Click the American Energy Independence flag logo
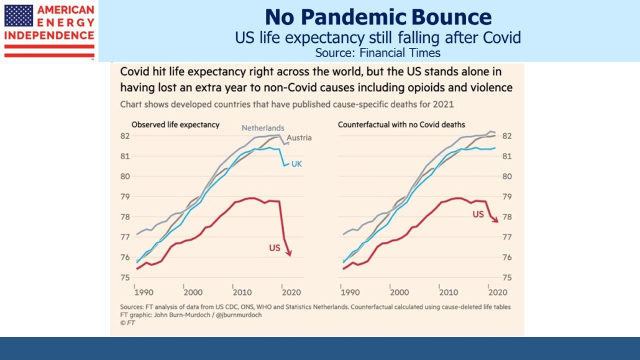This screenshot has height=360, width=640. pos(19,16)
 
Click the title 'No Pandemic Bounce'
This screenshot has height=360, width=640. pos(378,17)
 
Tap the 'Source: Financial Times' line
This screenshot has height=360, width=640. pos(378,53)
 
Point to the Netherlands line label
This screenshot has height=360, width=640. pos(262,127)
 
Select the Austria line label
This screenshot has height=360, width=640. pos(299,137)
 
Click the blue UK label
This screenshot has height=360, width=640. pos(297,164)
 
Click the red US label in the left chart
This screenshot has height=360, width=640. pos(274,248)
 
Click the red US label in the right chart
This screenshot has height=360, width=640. pos(478,214)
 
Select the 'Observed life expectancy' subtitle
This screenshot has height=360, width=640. pos(175,124)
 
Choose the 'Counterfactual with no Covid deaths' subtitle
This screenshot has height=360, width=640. pos(401,124)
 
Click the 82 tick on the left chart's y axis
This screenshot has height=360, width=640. pos(124,136)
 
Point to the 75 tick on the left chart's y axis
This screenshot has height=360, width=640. pos(124,277)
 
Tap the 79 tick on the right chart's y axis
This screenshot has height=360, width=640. pos(506,196)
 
